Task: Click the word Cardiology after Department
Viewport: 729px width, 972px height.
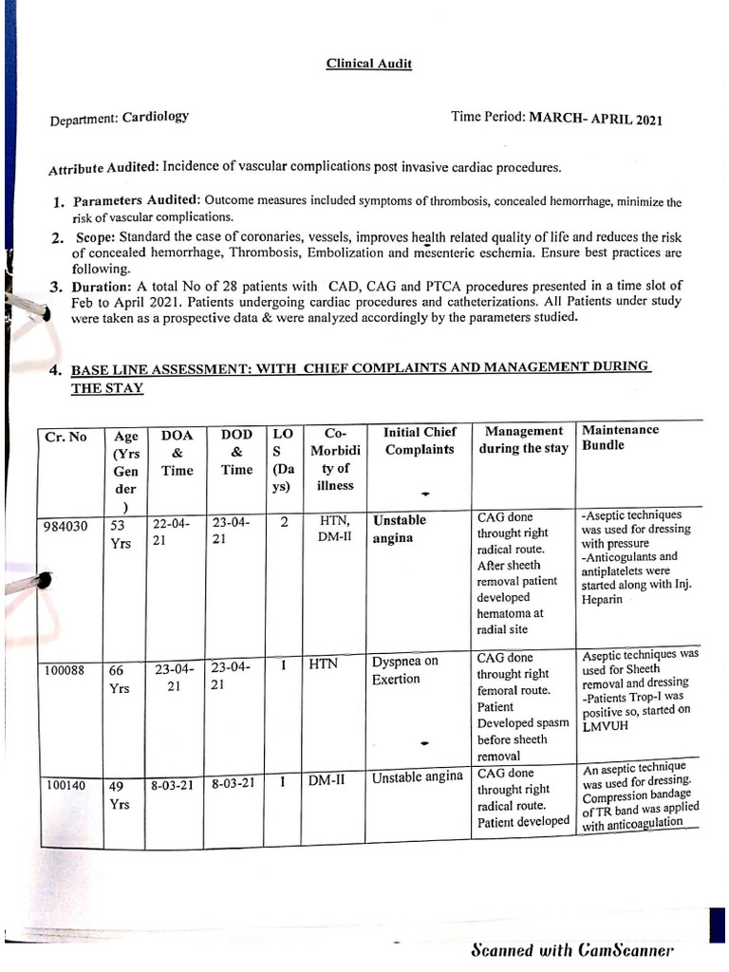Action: point(156,118)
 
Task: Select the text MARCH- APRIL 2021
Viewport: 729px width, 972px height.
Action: point(596,119)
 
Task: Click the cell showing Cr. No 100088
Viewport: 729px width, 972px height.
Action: point(68,671)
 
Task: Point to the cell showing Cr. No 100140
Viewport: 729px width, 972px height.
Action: point(68,786)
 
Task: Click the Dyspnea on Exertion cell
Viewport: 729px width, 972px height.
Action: point(405,670)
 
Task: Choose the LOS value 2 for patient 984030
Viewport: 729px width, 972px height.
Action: point(284,521)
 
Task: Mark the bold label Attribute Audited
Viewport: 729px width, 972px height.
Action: point(103,168)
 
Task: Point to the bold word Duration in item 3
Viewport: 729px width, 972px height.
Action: point(103,286)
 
